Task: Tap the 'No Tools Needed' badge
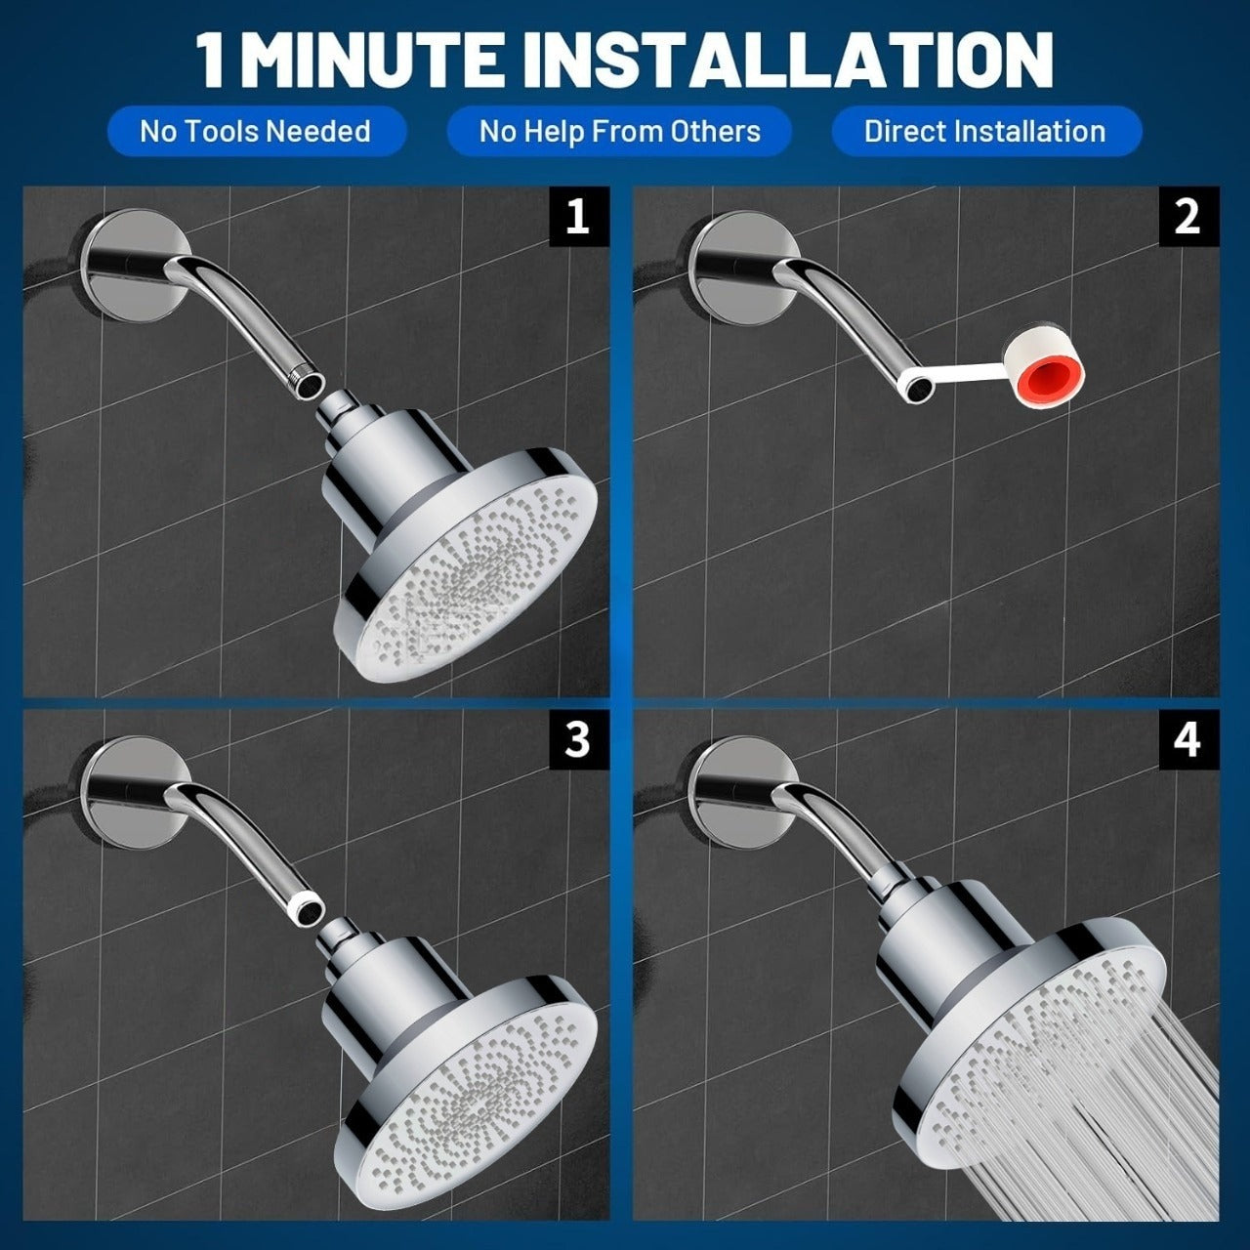(x=255, y=131)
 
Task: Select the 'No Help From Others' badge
(x=619, y=131)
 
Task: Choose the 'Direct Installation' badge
(x=984, y=131)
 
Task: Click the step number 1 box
(x=578, y=216)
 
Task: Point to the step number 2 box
(x=1187, y=216)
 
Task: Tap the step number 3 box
(x=578, y=740)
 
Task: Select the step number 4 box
(x=1187, y=740)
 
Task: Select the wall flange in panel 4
(x=723, y=786)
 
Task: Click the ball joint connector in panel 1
(x=342, y=403)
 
